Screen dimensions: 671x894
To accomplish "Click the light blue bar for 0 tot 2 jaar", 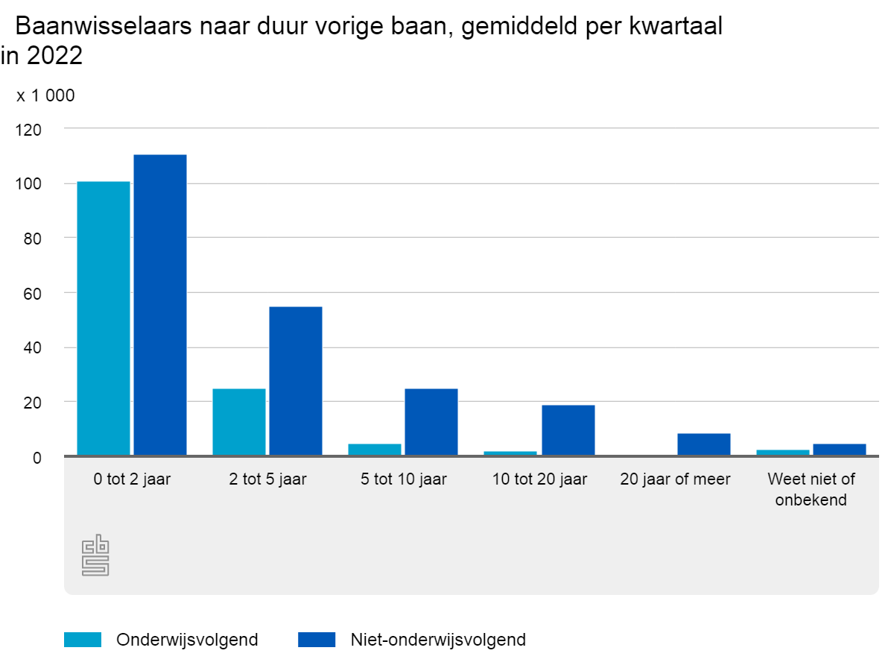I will [104, 318].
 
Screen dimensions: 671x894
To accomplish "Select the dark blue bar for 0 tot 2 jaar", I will [160, 305].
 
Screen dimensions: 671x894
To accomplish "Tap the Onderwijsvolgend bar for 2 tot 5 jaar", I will [239, 422].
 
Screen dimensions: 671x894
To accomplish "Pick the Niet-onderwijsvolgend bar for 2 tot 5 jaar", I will [296, 381].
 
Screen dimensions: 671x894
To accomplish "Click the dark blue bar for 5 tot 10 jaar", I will [431, 422].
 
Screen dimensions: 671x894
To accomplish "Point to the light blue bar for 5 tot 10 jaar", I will [375, 450].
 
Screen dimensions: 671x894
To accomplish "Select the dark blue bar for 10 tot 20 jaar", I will [568, 430].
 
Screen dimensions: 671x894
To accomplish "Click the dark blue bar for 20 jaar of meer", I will [704, 444].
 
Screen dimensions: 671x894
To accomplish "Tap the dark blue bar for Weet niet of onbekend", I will [840, 450].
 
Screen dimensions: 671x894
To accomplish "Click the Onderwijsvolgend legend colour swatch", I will [83, 640].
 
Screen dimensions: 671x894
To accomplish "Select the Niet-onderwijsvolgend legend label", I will [438, 640].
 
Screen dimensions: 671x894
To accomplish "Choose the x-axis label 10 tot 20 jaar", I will [539, 479].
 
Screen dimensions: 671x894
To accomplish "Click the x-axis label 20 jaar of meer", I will [675, 479].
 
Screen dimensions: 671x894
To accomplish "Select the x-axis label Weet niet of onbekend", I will [811, 489].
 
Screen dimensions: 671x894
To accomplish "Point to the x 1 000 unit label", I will [46, 95].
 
